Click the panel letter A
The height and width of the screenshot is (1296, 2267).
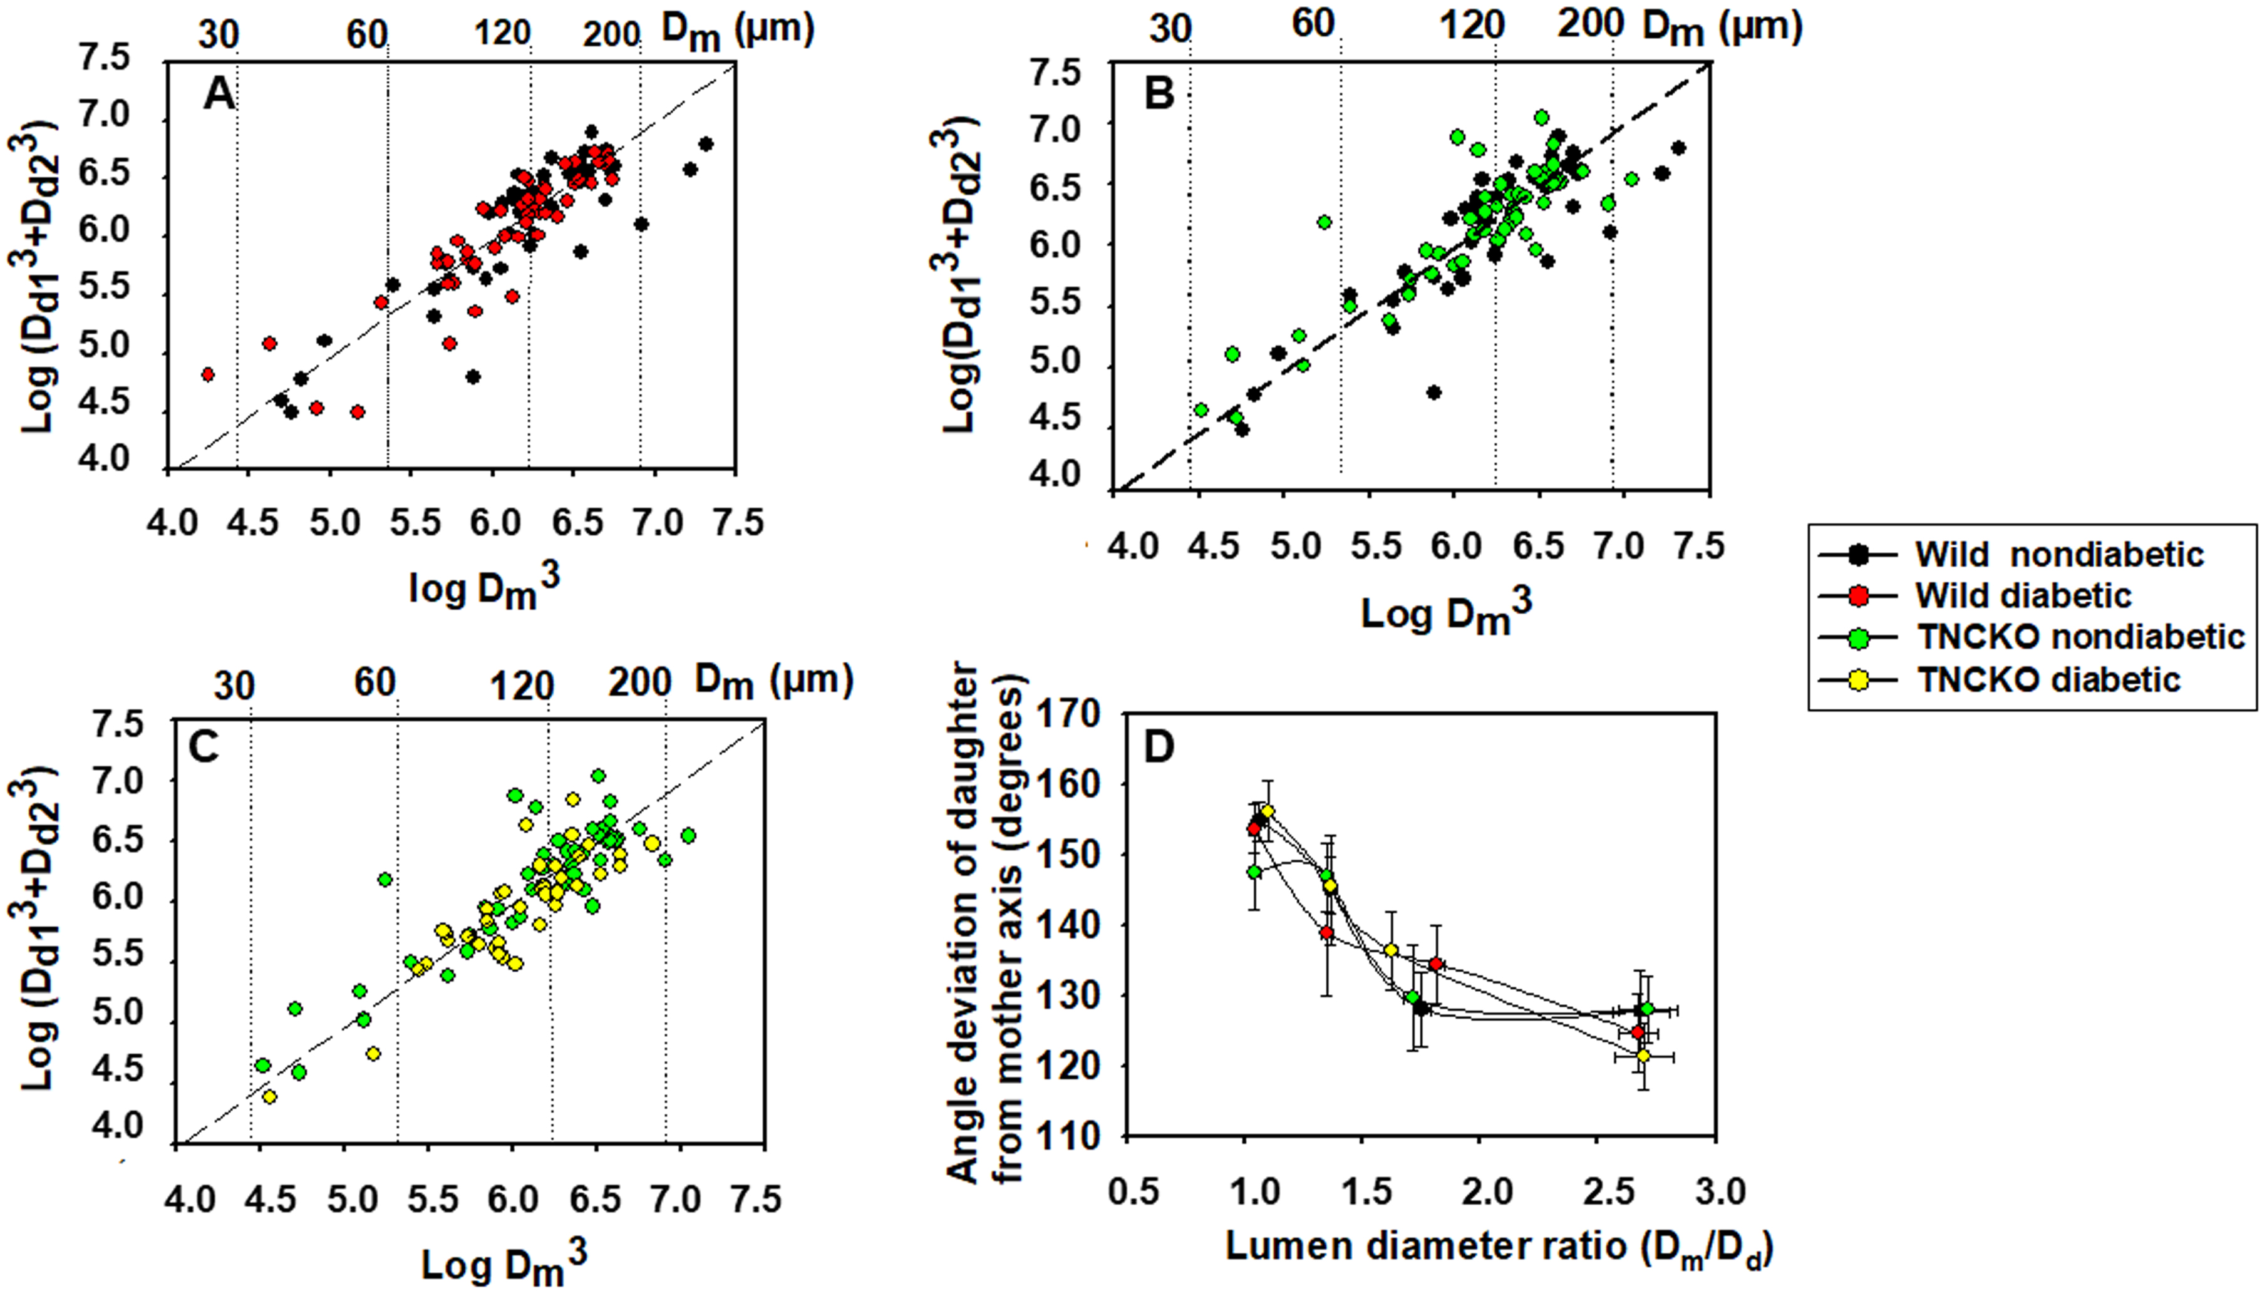(x=219, y=93)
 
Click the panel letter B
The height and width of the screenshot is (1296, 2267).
(x=1159, y=93)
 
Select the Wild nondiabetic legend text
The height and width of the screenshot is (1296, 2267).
(x=2058, y=555)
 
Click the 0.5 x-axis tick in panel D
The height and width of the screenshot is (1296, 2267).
(x=1133, y=1191)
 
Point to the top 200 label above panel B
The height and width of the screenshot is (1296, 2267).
(x=1589, y=24)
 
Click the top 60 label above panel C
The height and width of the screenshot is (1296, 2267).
(x=374, y=682)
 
